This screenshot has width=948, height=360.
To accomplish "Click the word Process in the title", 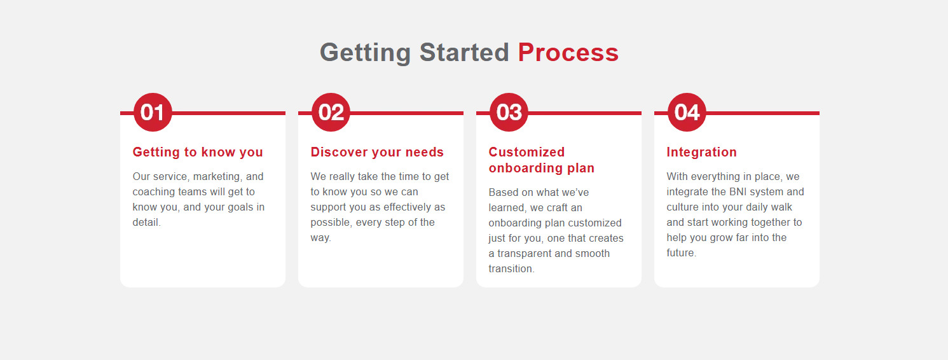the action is [568, 53].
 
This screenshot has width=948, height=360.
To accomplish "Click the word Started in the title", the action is [464, 53].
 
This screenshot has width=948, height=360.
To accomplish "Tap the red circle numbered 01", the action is [153, 112].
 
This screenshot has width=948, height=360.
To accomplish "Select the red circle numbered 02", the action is [331, 112].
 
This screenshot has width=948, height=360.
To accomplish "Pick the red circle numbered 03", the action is [509, 112].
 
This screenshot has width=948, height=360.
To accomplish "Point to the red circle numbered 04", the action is [687, 112].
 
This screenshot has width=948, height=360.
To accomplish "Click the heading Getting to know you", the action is [198, 152].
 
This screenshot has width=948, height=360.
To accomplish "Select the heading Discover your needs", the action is [377, 152].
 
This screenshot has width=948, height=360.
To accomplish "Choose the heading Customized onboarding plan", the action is [541, 160].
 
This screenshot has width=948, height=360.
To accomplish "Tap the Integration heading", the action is [702, 152].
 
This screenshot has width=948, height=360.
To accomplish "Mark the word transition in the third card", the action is [511, 269].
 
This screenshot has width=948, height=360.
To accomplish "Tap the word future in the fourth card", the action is [681, 253].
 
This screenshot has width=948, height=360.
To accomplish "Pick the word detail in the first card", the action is [146, 223].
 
